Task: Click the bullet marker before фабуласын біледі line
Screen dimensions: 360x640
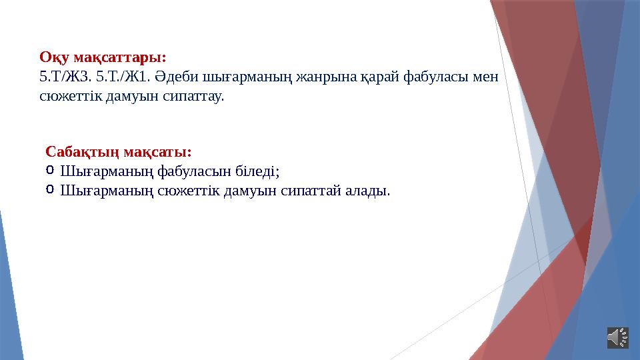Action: click(51, 171)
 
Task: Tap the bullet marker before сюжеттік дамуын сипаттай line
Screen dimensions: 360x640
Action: click(51, 191)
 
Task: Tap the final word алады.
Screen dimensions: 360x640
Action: click(366, 191)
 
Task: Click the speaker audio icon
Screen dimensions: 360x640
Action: click(617, 337)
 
